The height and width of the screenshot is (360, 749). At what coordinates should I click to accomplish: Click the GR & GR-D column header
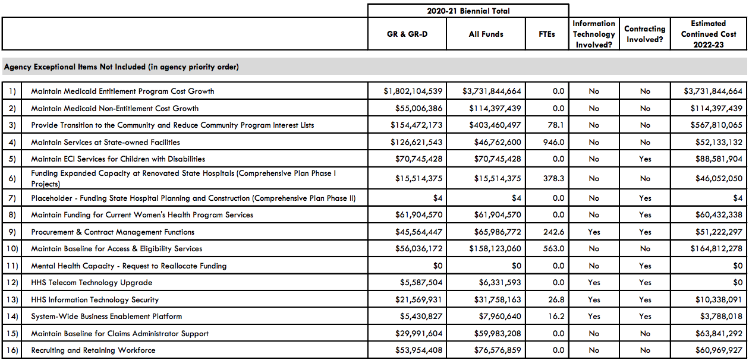click(x=407, y=34)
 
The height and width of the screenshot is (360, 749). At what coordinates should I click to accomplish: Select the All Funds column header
click(x=486, y=34)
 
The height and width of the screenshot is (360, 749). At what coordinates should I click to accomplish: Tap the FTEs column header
click(x=547, y=34)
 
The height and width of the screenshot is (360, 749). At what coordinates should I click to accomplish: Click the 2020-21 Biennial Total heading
click(x=468, y=11)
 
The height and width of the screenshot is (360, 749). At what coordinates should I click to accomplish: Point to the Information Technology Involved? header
click(x=594, y=34)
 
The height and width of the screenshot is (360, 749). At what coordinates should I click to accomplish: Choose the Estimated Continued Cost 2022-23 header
click(x=708, y=34)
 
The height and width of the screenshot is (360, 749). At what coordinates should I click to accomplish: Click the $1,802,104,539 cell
click(x=413, y=91)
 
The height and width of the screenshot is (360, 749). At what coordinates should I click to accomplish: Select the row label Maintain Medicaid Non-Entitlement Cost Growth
click(x=115, y=108)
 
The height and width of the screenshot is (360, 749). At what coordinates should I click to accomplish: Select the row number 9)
click(x=11, y=232)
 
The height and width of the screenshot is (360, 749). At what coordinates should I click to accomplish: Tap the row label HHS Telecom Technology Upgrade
click(x=92, y=283)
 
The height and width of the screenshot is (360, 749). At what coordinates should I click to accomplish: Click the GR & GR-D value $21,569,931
click(x=418, y=300)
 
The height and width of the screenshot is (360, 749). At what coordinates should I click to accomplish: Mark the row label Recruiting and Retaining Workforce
click(x=93, y=350)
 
